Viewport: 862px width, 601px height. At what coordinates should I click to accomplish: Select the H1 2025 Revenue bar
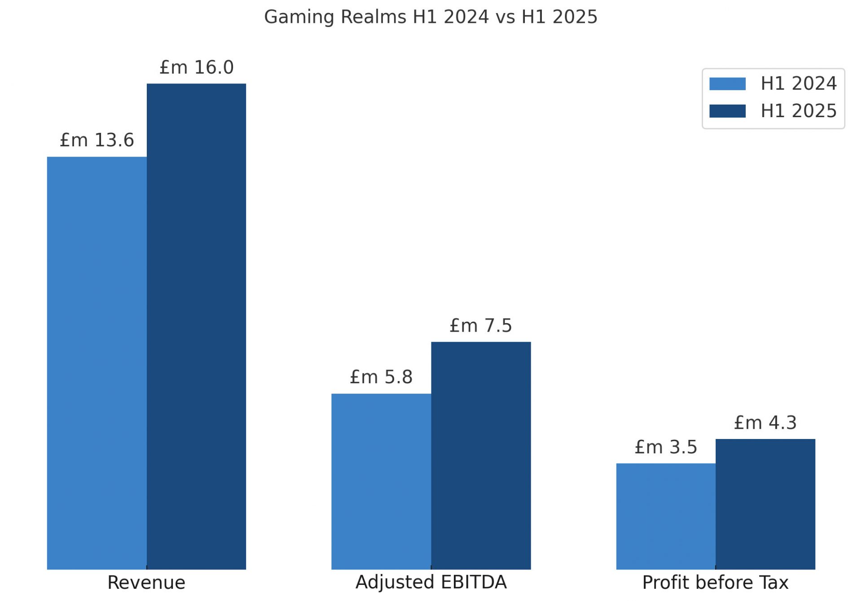point(196,326)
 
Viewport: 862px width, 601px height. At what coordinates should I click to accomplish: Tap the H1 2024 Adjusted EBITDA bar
point(381,481)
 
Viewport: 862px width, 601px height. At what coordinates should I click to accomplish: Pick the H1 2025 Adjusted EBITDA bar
point(481,456)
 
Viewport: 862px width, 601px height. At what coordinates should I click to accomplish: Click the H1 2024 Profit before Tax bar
point(666,516)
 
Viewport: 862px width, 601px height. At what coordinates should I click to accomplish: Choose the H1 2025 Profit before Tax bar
point(765,504)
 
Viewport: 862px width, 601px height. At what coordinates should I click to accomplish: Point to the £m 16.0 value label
point(197,68)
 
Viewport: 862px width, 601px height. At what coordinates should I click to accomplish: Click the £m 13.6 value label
point(97,140)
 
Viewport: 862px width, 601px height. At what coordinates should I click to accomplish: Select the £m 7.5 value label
point(481,326)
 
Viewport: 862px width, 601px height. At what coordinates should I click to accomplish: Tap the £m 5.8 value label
point(381,377)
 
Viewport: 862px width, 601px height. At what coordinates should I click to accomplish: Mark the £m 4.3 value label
point(765,423)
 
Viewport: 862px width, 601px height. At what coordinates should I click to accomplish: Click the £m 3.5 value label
point(666,447)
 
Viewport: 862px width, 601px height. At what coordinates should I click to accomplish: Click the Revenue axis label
point(146,583)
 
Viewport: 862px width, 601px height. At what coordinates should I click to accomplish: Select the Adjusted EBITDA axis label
point(431,582)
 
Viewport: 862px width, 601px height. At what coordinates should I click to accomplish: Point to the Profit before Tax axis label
point(715,583)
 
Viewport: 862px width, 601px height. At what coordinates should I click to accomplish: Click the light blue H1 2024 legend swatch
point(727,84)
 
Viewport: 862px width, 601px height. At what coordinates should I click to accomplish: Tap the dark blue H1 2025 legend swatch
point(727,111)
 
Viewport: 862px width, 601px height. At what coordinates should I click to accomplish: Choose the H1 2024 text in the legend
point(799,84)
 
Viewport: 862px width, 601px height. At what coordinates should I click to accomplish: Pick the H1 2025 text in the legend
point(799,111)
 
